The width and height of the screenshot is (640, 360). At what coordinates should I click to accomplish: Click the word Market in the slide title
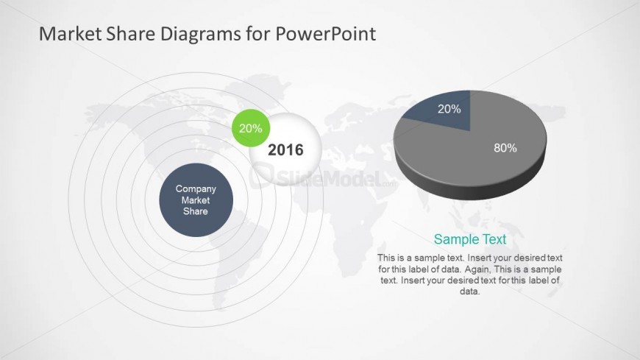point(70,34)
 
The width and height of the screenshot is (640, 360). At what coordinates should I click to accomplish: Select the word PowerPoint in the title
point(326,34)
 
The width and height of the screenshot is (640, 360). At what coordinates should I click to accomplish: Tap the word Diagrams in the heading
point(200,34)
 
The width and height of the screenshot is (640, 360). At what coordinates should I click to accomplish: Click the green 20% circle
point(251,128)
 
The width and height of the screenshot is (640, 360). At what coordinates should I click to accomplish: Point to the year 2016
point(285,150)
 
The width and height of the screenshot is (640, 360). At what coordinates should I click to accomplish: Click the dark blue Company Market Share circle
point(196,200)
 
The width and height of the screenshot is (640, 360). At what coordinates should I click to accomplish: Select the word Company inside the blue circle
point(196,188)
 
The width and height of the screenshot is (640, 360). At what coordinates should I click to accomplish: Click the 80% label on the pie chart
point(505,148)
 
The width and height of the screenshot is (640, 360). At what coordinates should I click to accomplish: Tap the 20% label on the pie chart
point(449,109)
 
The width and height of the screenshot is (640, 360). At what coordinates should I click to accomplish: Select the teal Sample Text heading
point(470,239)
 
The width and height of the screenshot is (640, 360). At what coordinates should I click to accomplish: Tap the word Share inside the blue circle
point(196,211)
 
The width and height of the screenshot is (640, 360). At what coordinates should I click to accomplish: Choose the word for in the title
point(258,34)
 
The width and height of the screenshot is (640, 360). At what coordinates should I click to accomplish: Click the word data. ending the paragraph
point(470,292)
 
